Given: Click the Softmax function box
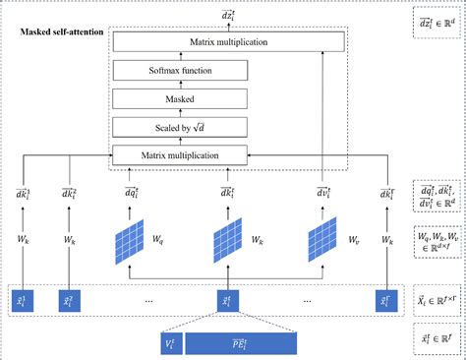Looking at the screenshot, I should [x=227, y=70].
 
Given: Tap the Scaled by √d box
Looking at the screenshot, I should [x=227, y=126].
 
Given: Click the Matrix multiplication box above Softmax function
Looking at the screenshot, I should [x=227, y=41].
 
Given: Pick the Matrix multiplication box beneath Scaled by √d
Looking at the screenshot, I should [x=227, y=154].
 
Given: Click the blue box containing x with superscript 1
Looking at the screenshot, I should [x=23, y=298].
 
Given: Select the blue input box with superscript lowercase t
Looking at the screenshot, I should [x=228, y=298].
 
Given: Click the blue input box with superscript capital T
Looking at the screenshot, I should [x=385, y=298].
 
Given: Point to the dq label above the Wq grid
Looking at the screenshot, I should [x=132, y=195].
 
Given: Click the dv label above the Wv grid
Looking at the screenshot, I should [x=324, y=195].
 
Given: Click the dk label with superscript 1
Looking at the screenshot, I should [x=23, y=195].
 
